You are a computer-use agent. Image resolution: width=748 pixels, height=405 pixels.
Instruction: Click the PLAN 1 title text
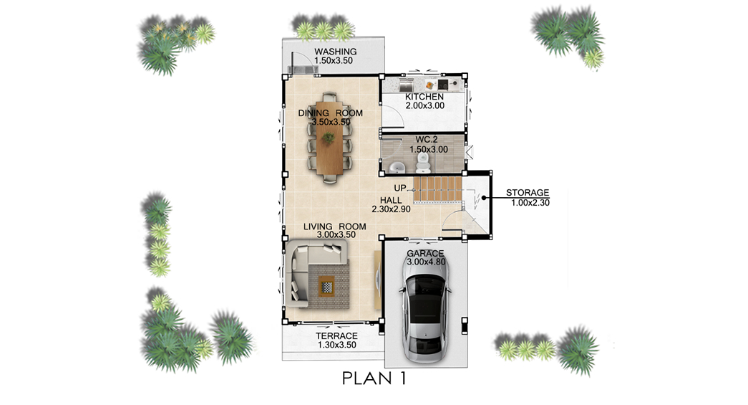click(x=374, y=378)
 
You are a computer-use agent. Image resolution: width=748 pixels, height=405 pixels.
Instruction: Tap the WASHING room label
click(x=336, y=52)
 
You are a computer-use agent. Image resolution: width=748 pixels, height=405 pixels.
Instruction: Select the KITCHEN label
click(x=424, y=97)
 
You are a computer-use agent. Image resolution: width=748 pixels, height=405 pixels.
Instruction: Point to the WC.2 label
click(x=427, y=140)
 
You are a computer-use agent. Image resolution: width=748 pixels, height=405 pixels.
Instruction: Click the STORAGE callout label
click(x=528, y=193)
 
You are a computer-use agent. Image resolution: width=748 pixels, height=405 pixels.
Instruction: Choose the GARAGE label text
click(x=425, y=254)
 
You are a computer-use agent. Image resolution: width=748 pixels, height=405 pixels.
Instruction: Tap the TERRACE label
click(x=337, y=336)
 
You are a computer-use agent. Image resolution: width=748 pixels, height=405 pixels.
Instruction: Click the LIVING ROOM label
click(x=335, y=227)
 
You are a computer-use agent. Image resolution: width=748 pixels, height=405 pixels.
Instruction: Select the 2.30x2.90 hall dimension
click(x=391, y=209)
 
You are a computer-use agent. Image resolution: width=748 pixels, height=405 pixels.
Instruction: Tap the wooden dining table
click(x=329, y=138)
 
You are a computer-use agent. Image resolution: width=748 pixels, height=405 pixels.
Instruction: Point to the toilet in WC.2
click(x=422, y=163)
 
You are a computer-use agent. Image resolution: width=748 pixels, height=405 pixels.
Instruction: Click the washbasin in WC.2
click(x=397, y=168)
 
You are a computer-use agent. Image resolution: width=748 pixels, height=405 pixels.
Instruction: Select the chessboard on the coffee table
click(x=327, y=287)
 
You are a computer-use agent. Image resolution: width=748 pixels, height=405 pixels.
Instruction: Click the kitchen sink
click(x=406, y=85)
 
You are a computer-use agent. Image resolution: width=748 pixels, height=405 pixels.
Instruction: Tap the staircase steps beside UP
click(x=437, y=189)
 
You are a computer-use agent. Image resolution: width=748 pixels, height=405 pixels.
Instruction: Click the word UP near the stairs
click(x=399, y=189)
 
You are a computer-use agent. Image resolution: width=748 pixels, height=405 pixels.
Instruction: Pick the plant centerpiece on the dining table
click(x=328, y=138)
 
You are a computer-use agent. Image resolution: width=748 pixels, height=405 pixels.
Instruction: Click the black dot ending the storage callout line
click(x=483, y=198)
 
